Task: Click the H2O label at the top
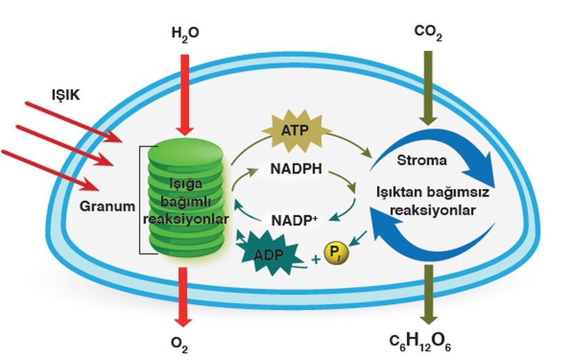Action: (x=184, y=32)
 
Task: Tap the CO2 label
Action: (x=429, y=32)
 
